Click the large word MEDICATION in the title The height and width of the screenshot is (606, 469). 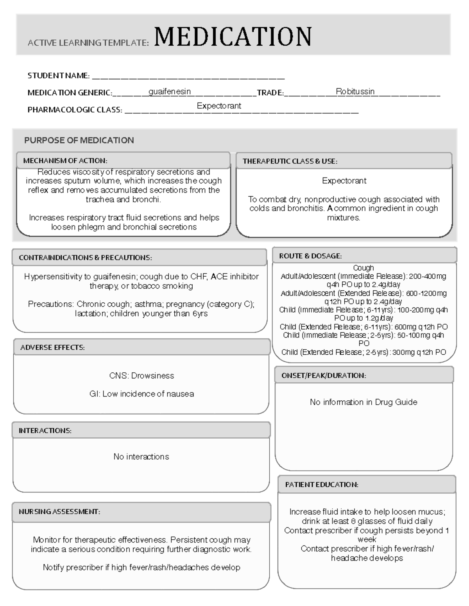pos(233,37)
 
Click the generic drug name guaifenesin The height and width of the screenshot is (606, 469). pos(170,92)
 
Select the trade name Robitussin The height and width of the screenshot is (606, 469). pos(355,92)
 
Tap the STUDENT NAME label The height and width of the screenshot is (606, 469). pos(58,76)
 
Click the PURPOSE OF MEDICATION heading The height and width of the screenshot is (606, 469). pos(79,140)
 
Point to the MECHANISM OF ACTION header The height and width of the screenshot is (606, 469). pos(65,161)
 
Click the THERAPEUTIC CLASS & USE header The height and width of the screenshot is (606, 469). pos(290,161)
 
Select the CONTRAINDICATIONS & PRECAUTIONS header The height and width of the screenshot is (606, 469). pos(85,258)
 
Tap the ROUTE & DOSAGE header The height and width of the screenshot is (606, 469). pos(310,256)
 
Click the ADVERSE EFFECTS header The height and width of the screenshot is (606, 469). pos(52,348)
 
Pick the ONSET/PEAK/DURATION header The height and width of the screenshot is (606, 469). pos(324,376)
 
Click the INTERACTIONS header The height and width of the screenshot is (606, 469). pos(45,431)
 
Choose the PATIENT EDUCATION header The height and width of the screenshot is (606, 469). pos(322,485)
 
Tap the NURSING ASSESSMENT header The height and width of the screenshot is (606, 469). pos(59,512)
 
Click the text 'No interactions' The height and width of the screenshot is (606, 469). pos(141,457)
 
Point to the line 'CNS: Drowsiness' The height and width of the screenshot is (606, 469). pos(141,376)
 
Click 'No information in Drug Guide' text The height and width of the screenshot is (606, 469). pos(363,402)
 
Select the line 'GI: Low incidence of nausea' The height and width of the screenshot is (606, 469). pos(141,394)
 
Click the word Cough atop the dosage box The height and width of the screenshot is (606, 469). pos(363,268)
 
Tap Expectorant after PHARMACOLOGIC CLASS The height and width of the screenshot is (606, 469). pos(219,106)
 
